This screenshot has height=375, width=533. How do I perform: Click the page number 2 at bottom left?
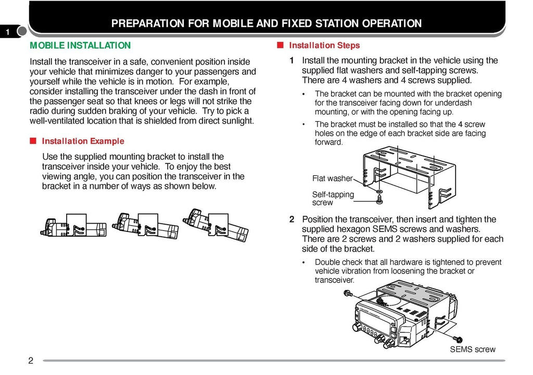click(x=31, y=361)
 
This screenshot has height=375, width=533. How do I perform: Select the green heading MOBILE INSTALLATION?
click(x=80, y=46)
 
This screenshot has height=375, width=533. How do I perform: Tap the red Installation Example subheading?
click(x=83, y=141)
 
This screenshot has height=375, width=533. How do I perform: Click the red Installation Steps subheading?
click(x=324, y=46)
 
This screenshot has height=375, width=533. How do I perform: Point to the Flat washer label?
click(x=332, y=178)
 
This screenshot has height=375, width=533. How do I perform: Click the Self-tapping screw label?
click(x=333, y=198)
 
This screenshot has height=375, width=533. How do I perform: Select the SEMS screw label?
click(x=472, y=350)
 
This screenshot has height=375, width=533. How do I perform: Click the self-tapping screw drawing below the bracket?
click(x=379, y=198)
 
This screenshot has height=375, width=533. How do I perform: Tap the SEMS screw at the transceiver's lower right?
click(x=459, y=340)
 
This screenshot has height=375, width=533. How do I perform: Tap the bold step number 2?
click(x=292, y=219)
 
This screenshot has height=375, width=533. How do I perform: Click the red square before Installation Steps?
click(x=280, y=45)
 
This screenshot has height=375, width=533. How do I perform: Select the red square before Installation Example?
click(x=33, y=141)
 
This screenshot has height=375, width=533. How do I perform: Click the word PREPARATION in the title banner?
click(x=148, y=23)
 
